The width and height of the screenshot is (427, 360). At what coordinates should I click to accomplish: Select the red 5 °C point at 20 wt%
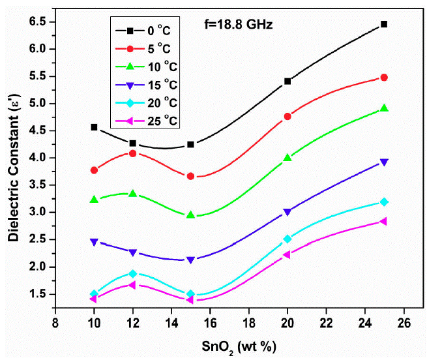coord(287,116)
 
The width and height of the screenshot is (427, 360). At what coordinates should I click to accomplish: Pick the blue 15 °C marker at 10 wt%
coord(95,242)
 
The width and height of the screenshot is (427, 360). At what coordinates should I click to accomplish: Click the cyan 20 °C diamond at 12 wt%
coord(133,274)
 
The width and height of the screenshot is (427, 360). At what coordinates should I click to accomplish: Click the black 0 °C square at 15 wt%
coord(190,144)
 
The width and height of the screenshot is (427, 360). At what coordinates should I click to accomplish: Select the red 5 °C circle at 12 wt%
coord(133,153)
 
